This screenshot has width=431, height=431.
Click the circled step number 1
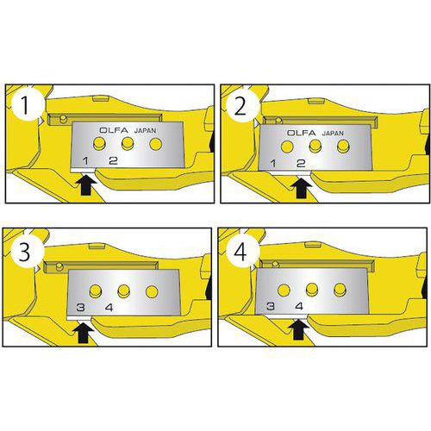(25, 105)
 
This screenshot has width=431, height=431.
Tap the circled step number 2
(240, 106)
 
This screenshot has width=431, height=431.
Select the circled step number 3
(25, 252)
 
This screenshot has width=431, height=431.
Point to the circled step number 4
(240, 253)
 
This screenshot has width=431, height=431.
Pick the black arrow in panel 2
(301, 187)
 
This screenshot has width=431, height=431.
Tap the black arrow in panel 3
(83, 333)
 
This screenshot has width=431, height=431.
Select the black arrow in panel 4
(299, 329)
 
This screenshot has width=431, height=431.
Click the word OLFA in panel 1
(114, 130)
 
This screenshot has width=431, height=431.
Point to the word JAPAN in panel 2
(333, 134)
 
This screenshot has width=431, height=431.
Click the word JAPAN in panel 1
(146, 130)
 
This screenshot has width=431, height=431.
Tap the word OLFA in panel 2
(301, 133)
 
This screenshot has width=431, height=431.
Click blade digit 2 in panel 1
(113, 160)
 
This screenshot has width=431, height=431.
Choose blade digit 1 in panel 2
(273, 164)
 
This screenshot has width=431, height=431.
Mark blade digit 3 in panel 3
(81, 308)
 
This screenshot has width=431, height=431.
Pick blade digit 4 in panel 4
(299, 306)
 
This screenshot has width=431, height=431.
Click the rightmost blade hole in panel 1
(155, 144)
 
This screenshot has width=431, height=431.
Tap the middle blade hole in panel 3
(123, 291)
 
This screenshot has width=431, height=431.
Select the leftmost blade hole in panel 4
(284, 290)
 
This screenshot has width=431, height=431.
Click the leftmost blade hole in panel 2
(287, 147)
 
